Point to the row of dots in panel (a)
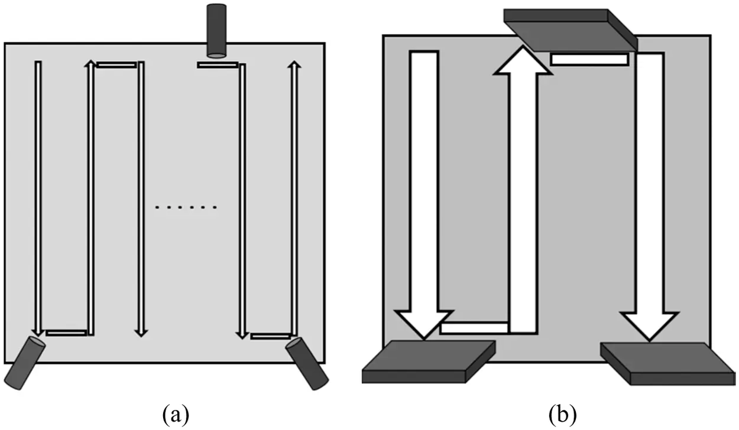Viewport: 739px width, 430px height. pos(186,207)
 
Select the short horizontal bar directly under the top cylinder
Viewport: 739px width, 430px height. pos(218,64)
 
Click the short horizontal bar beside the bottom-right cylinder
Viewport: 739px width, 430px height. pos(270,336)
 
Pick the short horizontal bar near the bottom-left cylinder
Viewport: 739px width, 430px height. pos(66,333)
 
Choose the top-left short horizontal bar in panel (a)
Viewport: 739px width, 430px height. pos(116,64)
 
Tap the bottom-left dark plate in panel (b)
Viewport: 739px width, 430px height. pos(428,361)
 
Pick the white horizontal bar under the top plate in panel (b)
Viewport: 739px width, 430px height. pos(589,58)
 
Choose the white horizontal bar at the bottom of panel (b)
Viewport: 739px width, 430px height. pos(475,328)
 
